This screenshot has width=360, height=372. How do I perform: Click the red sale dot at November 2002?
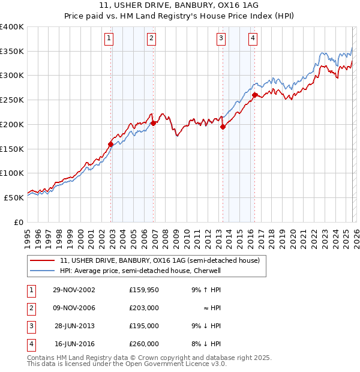pos(111,144)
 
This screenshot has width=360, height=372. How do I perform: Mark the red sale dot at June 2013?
pos(223,127)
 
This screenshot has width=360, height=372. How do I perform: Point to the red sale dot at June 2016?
pos(254,95)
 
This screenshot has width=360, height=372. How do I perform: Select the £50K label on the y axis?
pos(14,197)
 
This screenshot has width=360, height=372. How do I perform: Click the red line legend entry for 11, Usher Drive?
pos(159,260)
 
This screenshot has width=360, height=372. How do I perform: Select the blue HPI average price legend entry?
pos(140,271)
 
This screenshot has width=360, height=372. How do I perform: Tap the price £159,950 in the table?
pos(143,290)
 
